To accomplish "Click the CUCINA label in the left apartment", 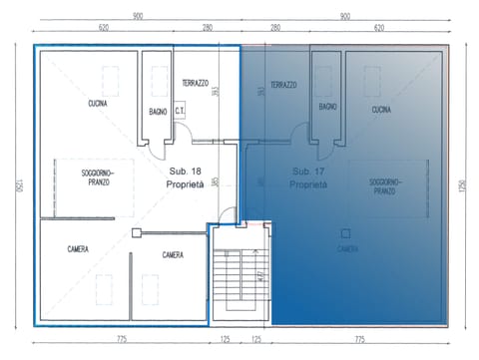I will [97, 103].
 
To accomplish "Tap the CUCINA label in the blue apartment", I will [381, 110].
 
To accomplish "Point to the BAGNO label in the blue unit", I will [328, 106].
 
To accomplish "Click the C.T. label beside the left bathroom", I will [181, 112].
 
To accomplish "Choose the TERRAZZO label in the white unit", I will [195, 83].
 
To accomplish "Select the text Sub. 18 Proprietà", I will [186, 179].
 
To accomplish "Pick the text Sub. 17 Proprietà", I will [308, 179].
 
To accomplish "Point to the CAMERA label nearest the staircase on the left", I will [172, 255].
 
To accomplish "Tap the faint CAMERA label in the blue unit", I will [346, 249].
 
